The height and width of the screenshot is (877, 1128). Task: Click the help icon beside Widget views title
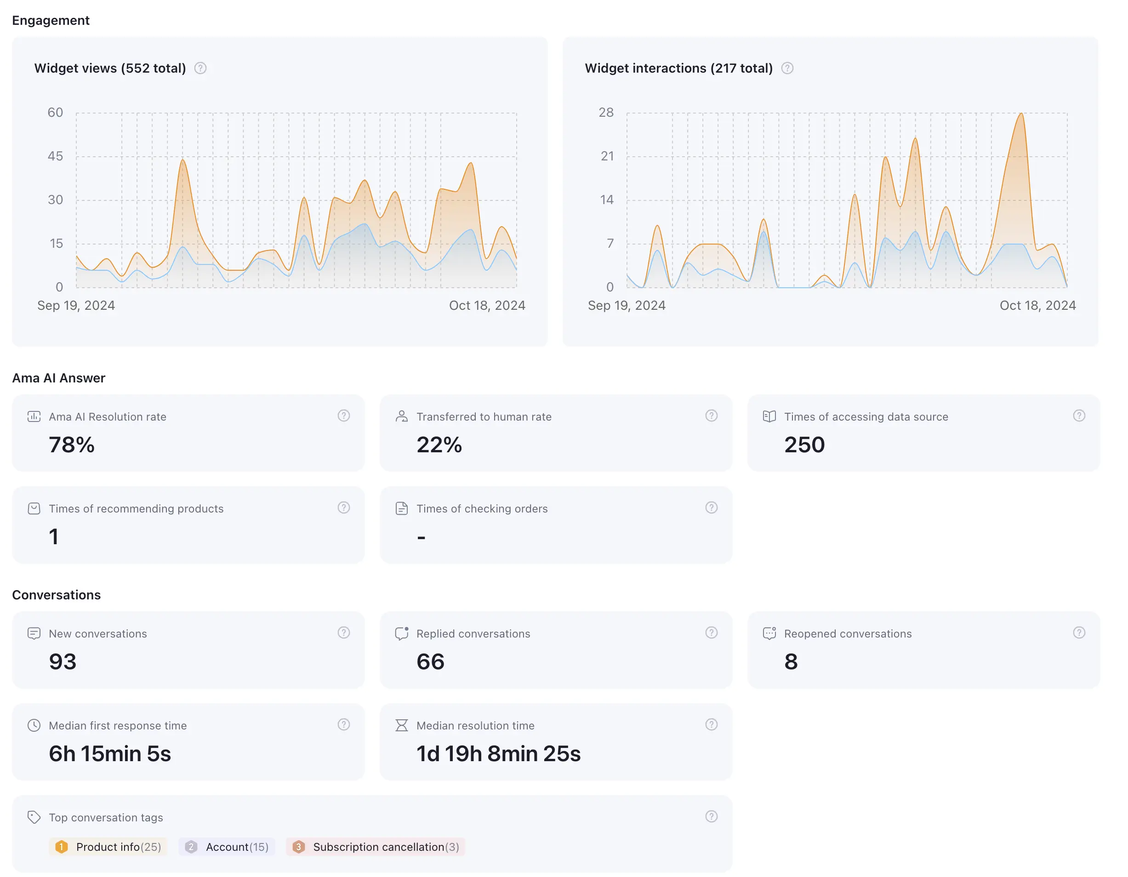pos(200,68)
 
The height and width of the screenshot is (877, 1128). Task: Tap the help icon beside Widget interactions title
pos(787,68)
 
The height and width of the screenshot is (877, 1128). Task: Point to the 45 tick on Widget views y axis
pos(55,156)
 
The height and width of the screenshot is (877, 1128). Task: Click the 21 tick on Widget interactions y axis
pos(607,156)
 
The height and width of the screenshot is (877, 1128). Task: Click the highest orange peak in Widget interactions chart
pos(1021,114)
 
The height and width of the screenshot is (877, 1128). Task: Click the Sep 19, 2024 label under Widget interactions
pos(627,306)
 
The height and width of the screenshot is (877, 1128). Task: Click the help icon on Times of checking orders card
pos(711,508)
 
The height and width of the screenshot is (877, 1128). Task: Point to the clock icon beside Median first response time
pos(34,726)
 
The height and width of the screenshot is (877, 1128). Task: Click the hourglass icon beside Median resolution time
pos(401,726)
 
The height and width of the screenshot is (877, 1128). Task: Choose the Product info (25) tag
pos(108,847)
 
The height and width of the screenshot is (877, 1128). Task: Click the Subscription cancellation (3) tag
pos(376,847)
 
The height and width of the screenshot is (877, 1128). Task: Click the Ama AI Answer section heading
pos(58,378)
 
